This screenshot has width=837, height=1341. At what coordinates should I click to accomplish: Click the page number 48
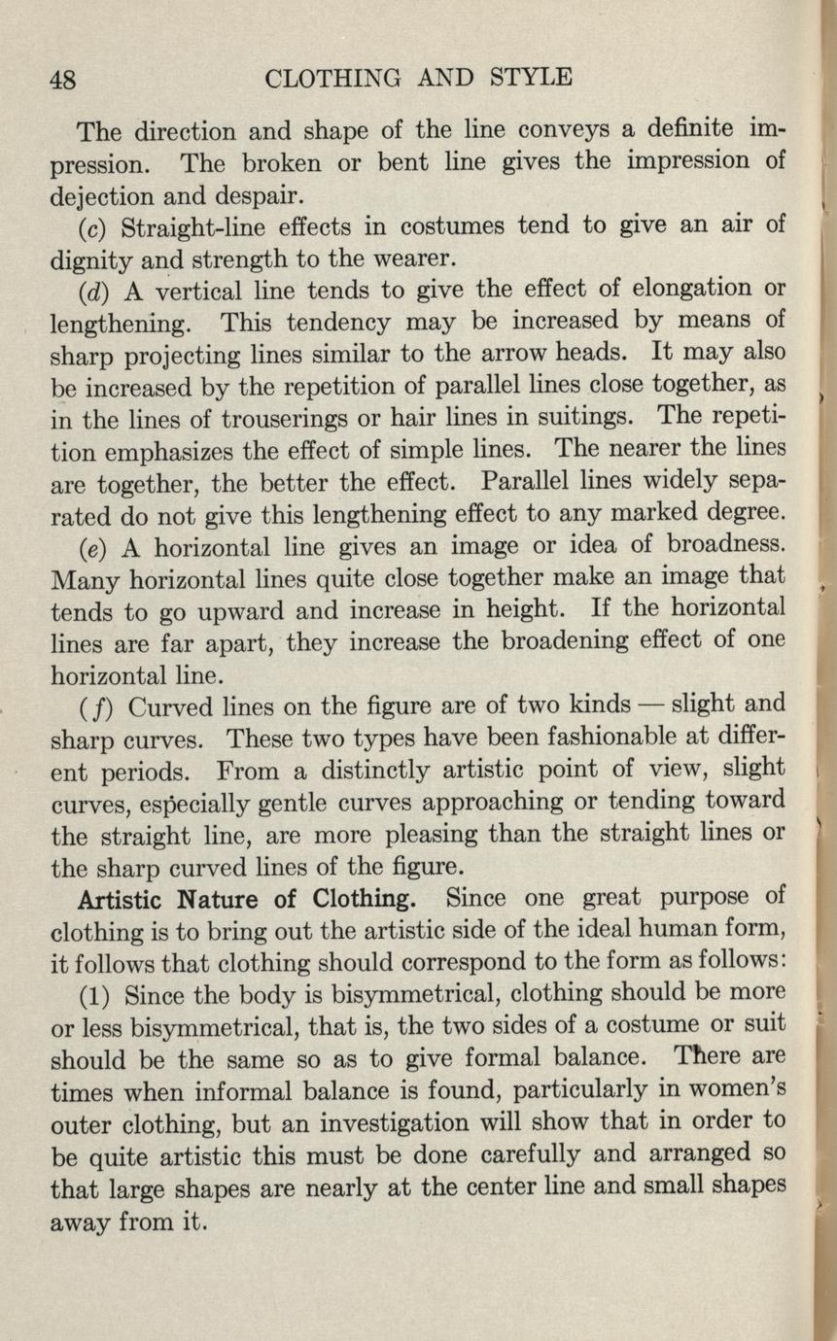point(64,78)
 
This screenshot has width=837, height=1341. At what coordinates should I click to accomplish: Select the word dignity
point(91,259)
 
